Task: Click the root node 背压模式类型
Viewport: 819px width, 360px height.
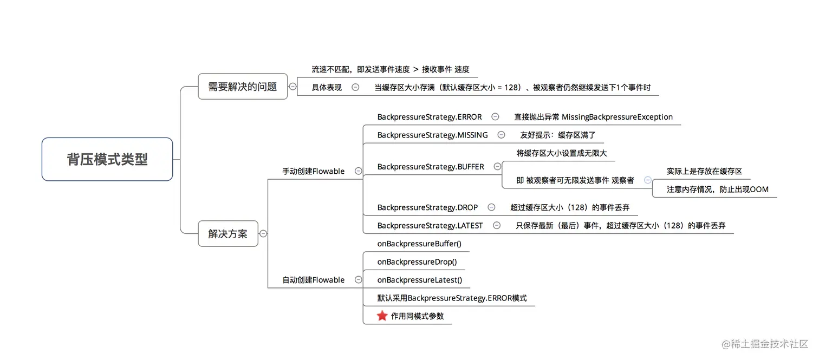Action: coord(107,159)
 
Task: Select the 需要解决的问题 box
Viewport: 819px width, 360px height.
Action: coord(242,87)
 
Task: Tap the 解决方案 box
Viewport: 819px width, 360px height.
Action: coord(227,234)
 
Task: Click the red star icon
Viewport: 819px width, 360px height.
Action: coord(382,316)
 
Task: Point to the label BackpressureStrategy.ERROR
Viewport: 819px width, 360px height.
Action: coord(430,117)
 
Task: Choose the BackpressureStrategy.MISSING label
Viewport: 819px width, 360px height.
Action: coord(432,135)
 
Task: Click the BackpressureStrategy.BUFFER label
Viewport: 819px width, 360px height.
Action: coord(431,167)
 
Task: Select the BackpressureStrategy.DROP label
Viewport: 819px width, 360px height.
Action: coord(427,207)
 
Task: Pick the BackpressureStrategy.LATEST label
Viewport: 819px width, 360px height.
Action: coord(430,225)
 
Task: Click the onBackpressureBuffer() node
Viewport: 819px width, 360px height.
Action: coord(419,244)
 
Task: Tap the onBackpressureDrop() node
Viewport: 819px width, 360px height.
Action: coord(417,261)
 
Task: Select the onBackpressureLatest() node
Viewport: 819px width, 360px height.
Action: coord(420,280)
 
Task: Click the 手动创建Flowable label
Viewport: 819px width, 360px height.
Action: coord(313,171)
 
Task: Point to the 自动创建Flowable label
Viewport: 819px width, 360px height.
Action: coord(313,280)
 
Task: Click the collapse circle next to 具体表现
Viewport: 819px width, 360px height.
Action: coord(355,87)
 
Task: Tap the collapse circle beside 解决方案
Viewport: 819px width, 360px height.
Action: coord(263,234)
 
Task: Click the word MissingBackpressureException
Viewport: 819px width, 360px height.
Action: coord(617,117)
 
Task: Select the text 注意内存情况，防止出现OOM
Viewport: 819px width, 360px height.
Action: coord(717,189)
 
